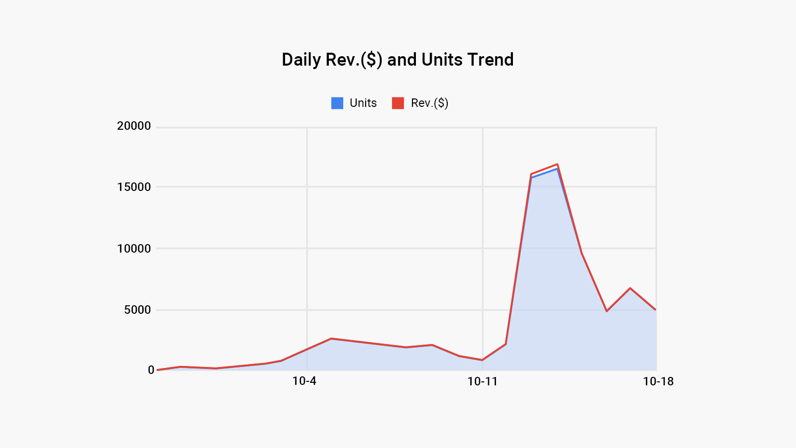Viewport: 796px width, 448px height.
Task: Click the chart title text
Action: pos(398,60)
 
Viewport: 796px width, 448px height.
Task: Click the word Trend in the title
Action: pos(490,60)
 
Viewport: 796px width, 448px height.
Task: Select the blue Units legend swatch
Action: pos(337,103)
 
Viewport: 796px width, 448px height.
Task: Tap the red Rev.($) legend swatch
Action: pos(398,103)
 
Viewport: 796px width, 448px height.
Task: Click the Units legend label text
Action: pos(363,103)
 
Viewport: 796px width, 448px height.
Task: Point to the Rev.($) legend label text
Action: pos(429,103)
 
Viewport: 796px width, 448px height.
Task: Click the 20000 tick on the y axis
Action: pos(134,126)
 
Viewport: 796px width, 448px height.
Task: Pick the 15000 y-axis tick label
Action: pos(134,187)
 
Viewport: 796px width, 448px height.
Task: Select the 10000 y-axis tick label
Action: pos(134,249)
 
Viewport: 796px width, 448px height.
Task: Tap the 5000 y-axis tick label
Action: pos(137,310)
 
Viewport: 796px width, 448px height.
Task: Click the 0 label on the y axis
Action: pos(151,370)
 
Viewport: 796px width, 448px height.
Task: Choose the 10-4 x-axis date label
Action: pos(304,381)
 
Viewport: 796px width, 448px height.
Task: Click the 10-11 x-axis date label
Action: pos(482,381)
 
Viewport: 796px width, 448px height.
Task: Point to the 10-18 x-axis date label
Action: pos(658,381)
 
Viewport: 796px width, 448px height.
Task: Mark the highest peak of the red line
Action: pos(557,164)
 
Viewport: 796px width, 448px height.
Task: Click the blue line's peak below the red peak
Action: pos(557,169)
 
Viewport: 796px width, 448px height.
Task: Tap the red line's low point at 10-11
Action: pos(482,360)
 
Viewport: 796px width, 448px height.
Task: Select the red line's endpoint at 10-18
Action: pos(656,310)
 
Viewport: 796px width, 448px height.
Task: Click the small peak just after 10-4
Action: pos(331,339)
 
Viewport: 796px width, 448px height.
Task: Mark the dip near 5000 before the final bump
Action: pos(607,311)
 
